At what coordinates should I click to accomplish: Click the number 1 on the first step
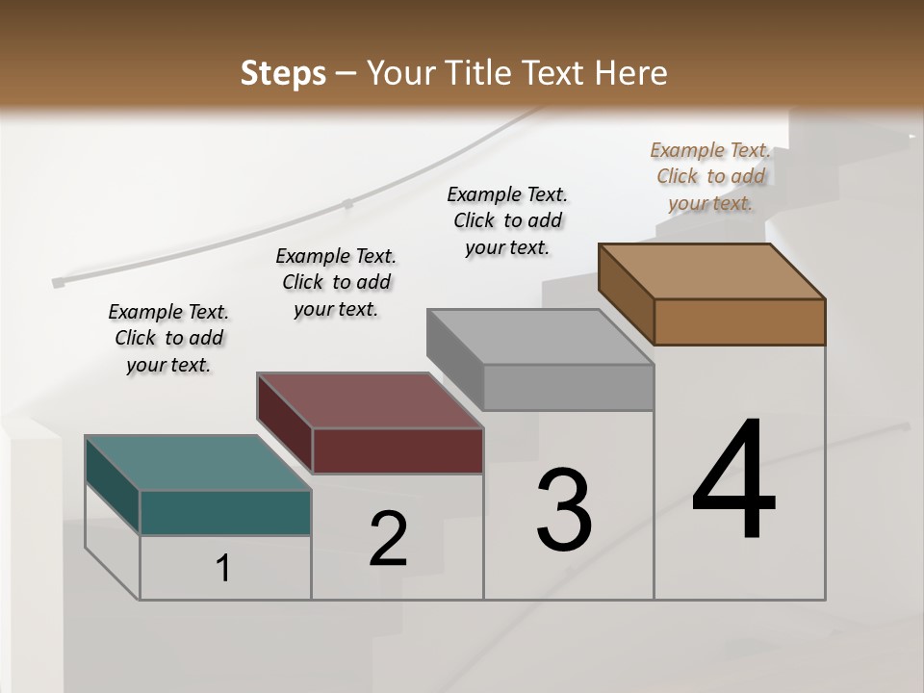223,569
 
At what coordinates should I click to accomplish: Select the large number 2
388,539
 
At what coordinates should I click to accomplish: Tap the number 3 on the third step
564,510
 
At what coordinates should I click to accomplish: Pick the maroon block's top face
370,399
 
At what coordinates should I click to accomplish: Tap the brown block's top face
712,270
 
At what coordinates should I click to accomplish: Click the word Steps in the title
283,73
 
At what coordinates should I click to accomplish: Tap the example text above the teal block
168,338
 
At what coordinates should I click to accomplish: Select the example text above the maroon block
336,282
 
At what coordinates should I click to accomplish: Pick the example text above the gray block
507,220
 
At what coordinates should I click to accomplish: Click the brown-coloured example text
710,176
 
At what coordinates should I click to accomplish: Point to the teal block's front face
225,512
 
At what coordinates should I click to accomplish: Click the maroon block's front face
398,450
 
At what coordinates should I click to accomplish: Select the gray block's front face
568,388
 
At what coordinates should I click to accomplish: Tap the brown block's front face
739,321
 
